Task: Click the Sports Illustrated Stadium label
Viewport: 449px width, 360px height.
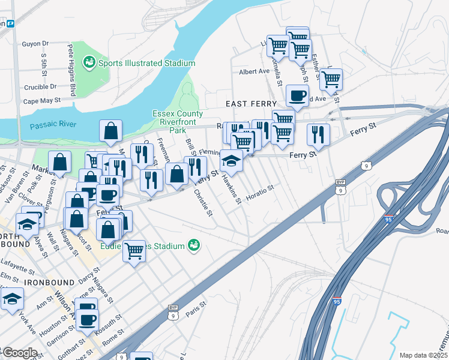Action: click(x=146, y=63)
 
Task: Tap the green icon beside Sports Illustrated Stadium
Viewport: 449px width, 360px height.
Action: click(x=89, y=62)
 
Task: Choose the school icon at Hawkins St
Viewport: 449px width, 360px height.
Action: click(x=232, y=160)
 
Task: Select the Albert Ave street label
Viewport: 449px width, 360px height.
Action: click(x=255, y=71)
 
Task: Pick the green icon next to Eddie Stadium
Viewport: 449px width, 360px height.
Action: click(x=193, y=245)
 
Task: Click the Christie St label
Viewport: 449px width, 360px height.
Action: click(x=203, y=203)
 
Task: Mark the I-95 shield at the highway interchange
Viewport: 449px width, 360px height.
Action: click(x=389, y=220)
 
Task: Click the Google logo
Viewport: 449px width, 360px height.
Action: click(x=19, y=353)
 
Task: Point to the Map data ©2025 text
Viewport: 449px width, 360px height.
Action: click(x=423, y=355)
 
